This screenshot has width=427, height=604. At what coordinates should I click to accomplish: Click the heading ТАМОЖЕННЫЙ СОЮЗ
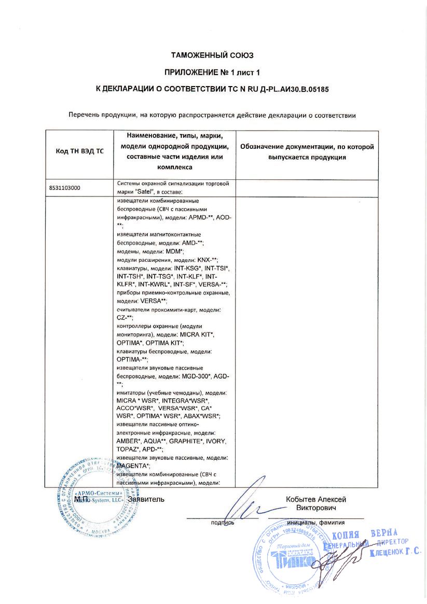click(x=213, y=55)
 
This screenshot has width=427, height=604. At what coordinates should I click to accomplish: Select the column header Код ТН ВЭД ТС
click(x=79, y=151)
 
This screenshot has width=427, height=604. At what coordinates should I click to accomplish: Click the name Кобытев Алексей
click(x=316, y=499)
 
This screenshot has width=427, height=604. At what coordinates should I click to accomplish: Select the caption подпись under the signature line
click(x=223, y=523)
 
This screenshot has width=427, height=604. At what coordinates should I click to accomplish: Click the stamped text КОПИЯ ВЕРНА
click(x=364, y=535)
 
